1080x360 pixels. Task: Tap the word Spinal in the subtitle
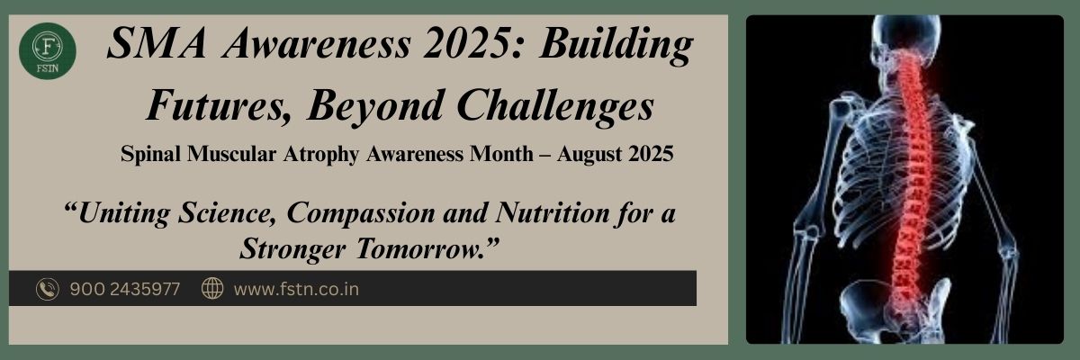tap(151, 155)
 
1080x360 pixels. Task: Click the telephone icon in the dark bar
tap(47, 289)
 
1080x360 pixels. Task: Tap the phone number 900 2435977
tap(124, 289)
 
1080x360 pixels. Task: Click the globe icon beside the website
tap(212, 289)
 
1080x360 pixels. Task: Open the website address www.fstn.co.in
tap(296, 289)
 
